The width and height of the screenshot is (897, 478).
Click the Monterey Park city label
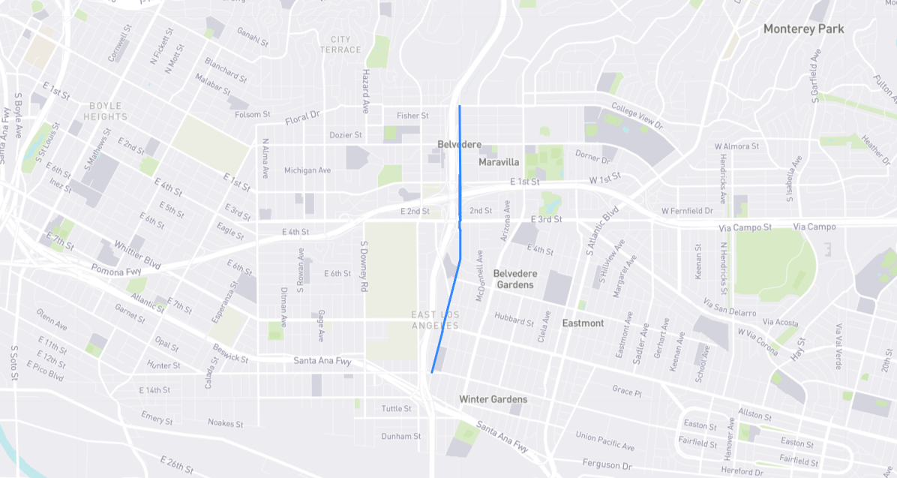(803, 29)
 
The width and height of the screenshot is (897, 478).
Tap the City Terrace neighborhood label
(340, 44)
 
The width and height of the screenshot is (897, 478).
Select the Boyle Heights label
(106, 111)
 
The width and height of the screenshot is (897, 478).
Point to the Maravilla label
(499, 162)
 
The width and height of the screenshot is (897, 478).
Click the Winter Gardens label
(493, 399)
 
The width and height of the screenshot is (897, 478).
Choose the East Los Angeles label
(435, 320)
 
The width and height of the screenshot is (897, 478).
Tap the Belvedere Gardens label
(514, 279)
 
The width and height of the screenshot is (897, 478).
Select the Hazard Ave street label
(366, 92)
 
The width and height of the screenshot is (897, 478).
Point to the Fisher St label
(412, 116)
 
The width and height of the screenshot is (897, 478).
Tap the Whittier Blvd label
(137, 255)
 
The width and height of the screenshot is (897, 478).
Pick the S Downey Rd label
(364, 266)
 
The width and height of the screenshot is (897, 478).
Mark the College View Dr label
(637, 116)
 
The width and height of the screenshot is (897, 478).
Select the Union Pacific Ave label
(604, 441)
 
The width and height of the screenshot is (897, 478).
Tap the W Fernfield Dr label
(687, 211)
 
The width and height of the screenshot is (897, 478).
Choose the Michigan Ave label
(307, 170)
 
